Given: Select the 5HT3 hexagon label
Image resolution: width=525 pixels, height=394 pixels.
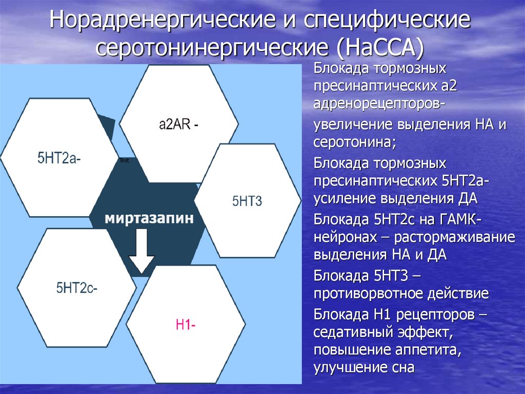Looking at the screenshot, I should coord(247,201).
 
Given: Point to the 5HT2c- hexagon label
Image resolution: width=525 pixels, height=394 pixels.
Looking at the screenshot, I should coord(77,288).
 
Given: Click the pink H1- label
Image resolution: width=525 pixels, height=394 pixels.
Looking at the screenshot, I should coord(185,325).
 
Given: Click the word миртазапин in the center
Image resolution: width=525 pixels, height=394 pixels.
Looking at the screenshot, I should coord(150,218).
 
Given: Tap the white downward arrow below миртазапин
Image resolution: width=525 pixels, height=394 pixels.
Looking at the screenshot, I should coord(141,252).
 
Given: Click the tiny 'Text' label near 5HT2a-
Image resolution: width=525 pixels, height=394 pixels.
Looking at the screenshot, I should coord(124,161).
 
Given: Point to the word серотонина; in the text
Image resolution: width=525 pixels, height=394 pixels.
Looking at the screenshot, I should coord(355,142).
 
